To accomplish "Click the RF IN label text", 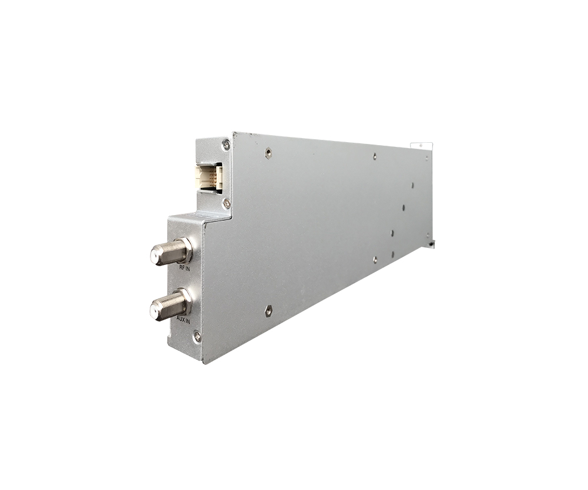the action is (184, 269).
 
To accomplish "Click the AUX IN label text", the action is (183, 321).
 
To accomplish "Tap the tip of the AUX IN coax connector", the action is (154, 310).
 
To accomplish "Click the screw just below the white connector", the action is (226, 203).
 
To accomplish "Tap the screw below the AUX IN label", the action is (197, 336).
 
